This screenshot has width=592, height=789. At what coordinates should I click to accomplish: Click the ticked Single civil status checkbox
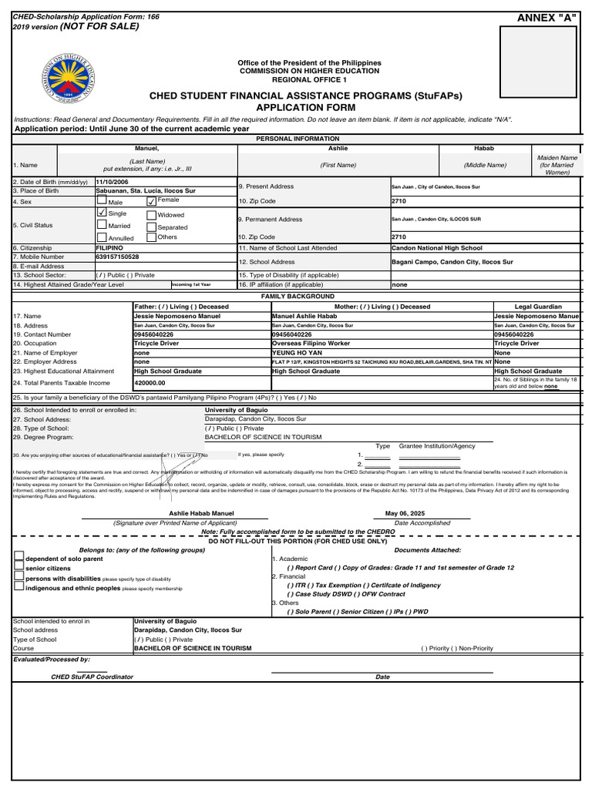pyautogui.click(x=102, y=213)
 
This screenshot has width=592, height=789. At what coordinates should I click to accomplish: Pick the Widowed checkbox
pyautogui.click(x=151, y=215)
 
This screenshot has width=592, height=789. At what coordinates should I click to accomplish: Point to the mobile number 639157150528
pyautogui.click(x=117, y=257)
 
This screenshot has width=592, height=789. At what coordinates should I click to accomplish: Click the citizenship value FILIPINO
pyautogui.click(x=109, y=248)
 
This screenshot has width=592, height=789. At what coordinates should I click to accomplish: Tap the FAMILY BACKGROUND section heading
pyautogui.click(x=298, y=296)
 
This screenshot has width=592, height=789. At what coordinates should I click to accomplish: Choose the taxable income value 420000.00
pyautogui.click(x=150, y=382)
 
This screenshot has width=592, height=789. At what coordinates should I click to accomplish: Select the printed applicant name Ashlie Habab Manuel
pyautogui.click(x=202, y=513)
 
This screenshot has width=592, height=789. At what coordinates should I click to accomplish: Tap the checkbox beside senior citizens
pyautogui.click(x=19, y=567)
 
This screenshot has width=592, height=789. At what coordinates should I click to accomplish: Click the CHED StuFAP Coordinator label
pyautogui.click(x=92, y=677)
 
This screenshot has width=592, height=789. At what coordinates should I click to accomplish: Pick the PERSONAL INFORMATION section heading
pyautogui.click(x=298, y=139)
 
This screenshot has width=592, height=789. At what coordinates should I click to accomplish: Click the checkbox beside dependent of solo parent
pyautogui.click(x=19, y=557)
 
